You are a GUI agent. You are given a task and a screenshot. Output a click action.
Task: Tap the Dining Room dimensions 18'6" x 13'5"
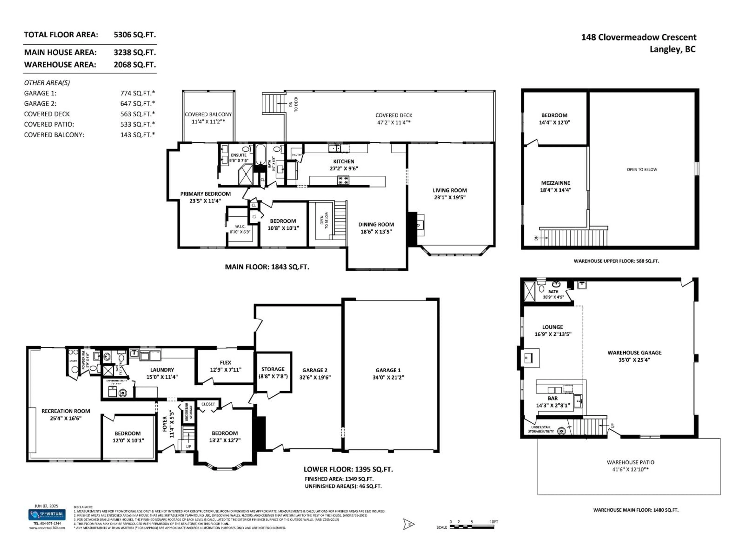coord(376,232)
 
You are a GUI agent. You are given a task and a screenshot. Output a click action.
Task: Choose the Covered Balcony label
coord(208,114)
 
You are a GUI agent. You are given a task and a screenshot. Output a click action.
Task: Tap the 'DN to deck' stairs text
coord(293,104)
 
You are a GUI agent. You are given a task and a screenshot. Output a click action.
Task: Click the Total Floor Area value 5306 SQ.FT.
coord(134,35)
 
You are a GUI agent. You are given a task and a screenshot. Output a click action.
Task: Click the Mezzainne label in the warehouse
coord(555,183)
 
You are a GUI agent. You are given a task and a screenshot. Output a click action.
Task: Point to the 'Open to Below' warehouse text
coord(642,170)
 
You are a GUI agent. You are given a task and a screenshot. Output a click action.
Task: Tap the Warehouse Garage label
coord(634,352)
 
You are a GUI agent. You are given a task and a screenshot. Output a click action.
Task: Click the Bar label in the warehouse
coord(553,398)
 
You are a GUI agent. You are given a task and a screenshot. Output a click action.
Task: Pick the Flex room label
coord(225,363)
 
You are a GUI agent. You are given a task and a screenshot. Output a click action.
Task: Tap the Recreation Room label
coord(66,411)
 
